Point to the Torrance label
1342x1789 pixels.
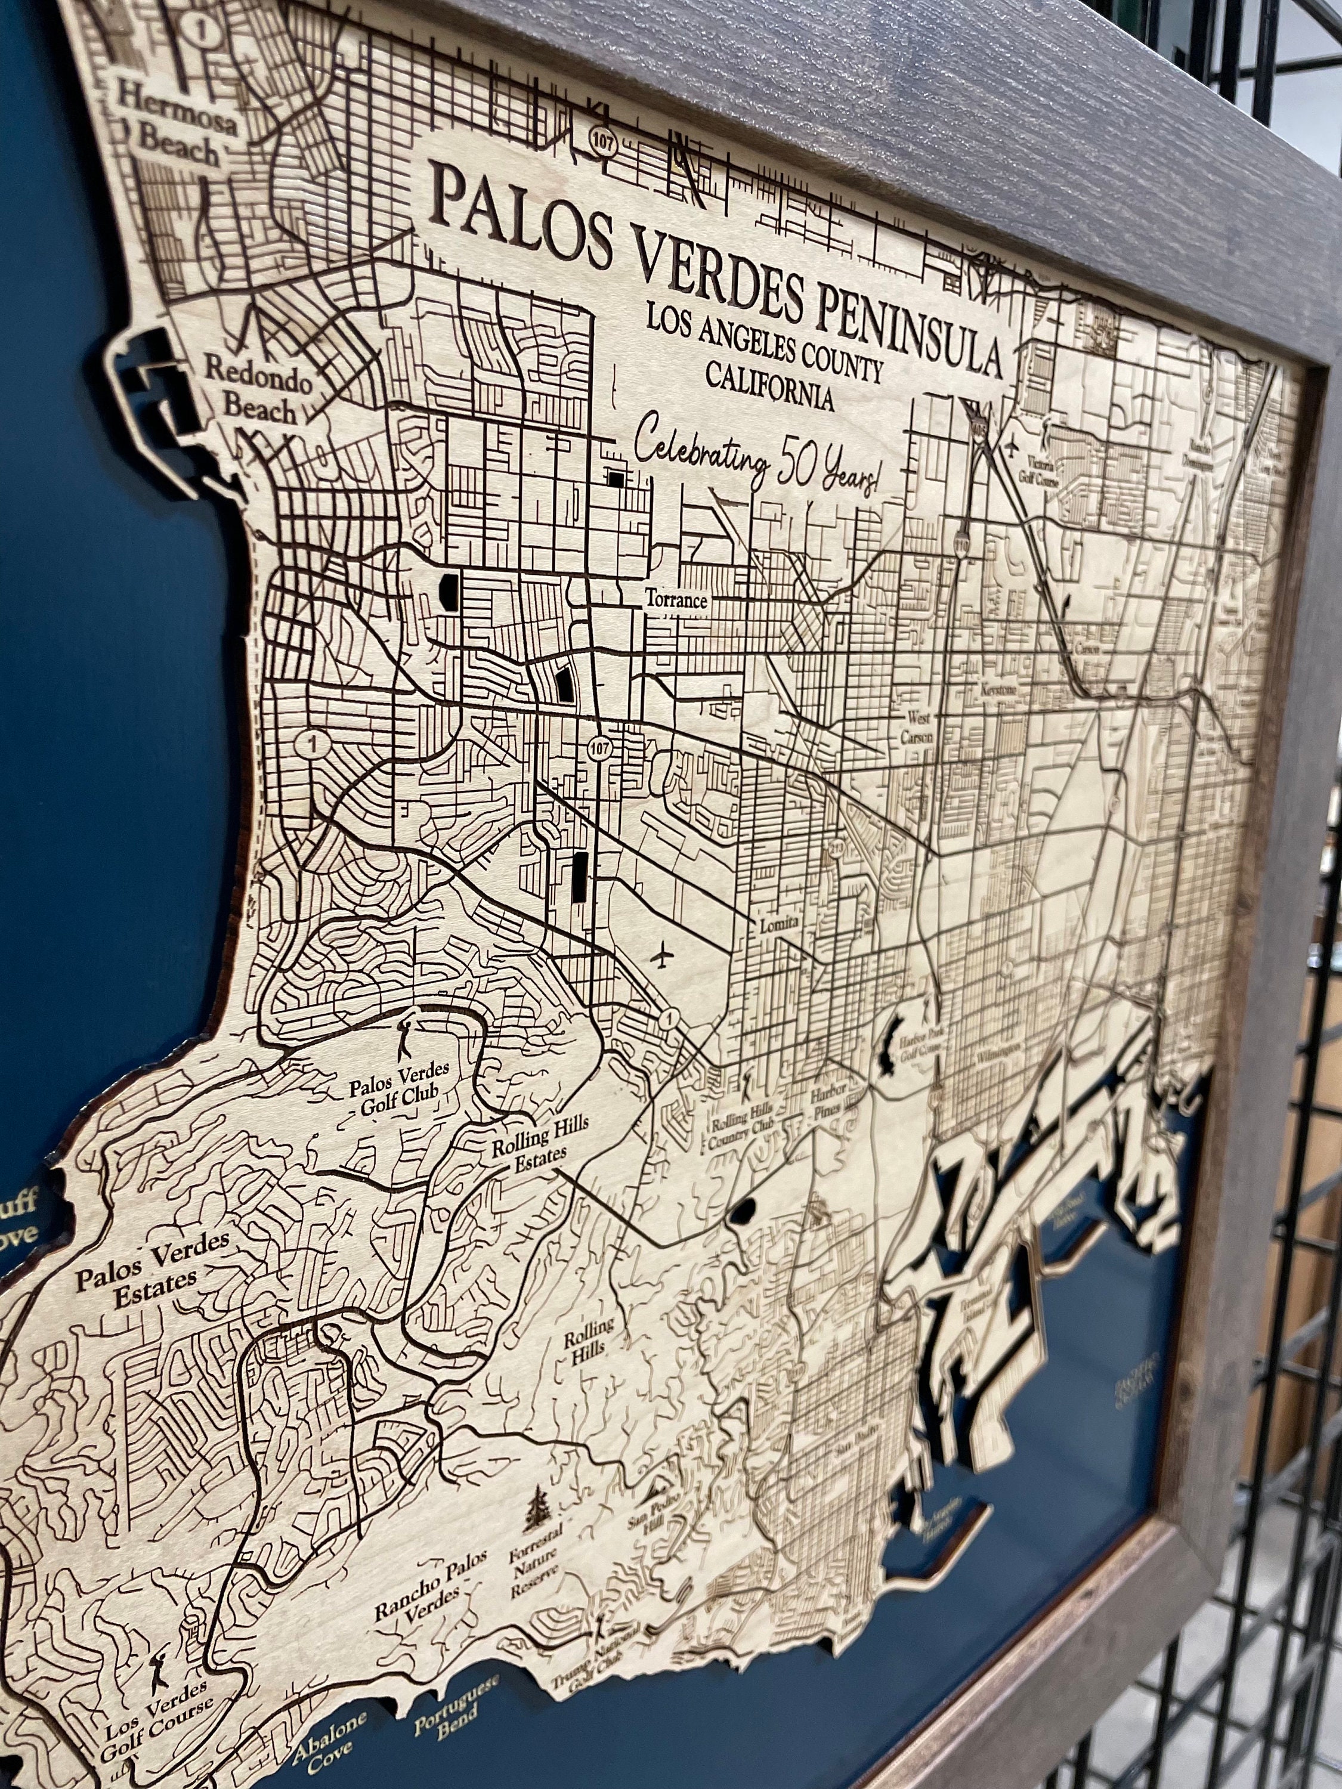[676, 600]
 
